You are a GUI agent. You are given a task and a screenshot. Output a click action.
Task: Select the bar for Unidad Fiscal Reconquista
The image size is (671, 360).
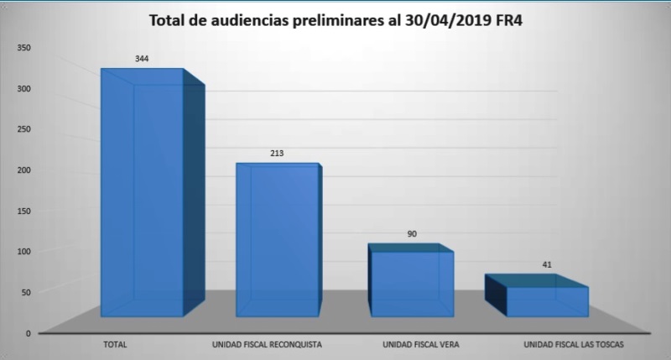click(x=277, y=243)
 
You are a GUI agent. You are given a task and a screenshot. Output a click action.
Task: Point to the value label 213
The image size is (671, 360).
click(x=277, y=154)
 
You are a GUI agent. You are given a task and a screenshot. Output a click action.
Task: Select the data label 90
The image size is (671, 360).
click(x=412, y=234)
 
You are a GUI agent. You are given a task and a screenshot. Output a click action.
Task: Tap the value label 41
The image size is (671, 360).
click(x=547, y=264)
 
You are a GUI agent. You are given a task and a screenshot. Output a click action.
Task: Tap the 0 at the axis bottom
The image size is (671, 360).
click(x=29, y=333)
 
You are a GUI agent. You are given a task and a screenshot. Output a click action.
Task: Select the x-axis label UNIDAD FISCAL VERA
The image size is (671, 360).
click(x=419, y=344)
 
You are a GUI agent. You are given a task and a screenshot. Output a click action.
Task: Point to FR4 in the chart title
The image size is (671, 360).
click(x=505, y=20)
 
